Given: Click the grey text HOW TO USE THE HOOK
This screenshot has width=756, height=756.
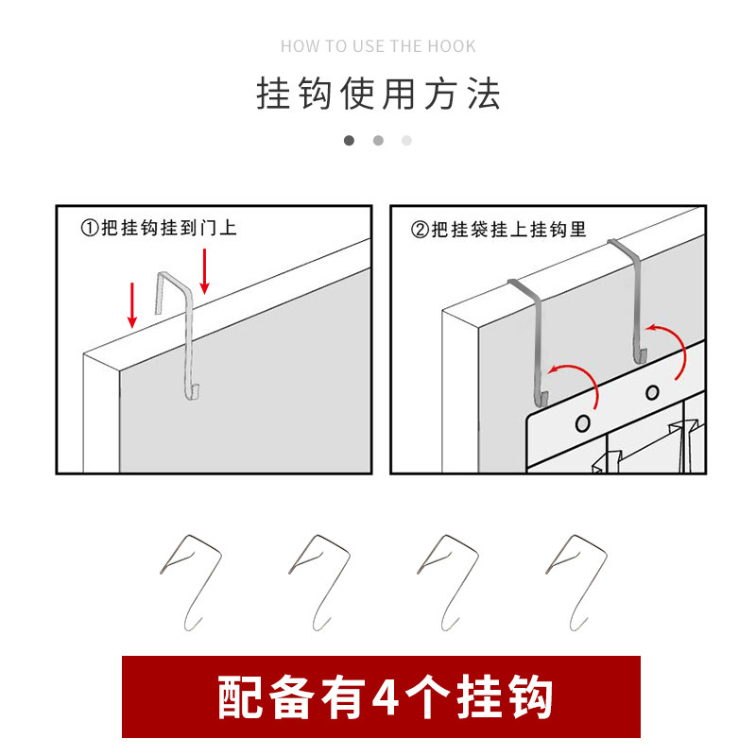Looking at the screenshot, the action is click(x=378, y=46).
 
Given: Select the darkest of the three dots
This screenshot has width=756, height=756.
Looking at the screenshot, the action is click(x=349, y=141).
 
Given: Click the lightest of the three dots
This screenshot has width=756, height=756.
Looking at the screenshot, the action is click(x=406, y=141).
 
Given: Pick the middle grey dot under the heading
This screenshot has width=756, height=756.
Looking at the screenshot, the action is click(x=378, y=141).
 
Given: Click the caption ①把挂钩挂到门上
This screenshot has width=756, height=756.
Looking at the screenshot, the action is click(x=158, y=229).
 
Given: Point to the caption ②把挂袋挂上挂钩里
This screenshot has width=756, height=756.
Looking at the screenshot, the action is click(x=499, y=229).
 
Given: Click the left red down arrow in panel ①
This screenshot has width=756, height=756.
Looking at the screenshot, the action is click(x=133, y=304).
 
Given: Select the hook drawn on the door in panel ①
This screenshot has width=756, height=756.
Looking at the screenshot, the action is click(x=184, y=335).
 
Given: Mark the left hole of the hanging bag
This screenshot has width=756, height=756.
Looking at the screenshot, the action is click(x=583, y=421).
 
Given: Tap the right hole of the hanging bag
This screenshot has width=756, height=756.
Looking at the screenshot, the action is click(x=652, y=392).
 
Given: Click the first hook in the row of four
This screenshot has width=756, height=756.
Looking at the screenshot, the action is click(x=190, y=581).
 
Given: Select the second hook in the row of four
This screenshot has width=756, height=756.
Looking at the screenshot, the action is click(x=318, y=581).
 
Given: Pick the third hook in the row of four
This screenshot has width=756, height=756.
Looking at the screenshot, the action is click(x=447, y=581).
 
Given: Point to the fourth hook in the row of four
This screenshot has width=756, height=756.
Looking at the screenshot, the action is click(x=576, y=581).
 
